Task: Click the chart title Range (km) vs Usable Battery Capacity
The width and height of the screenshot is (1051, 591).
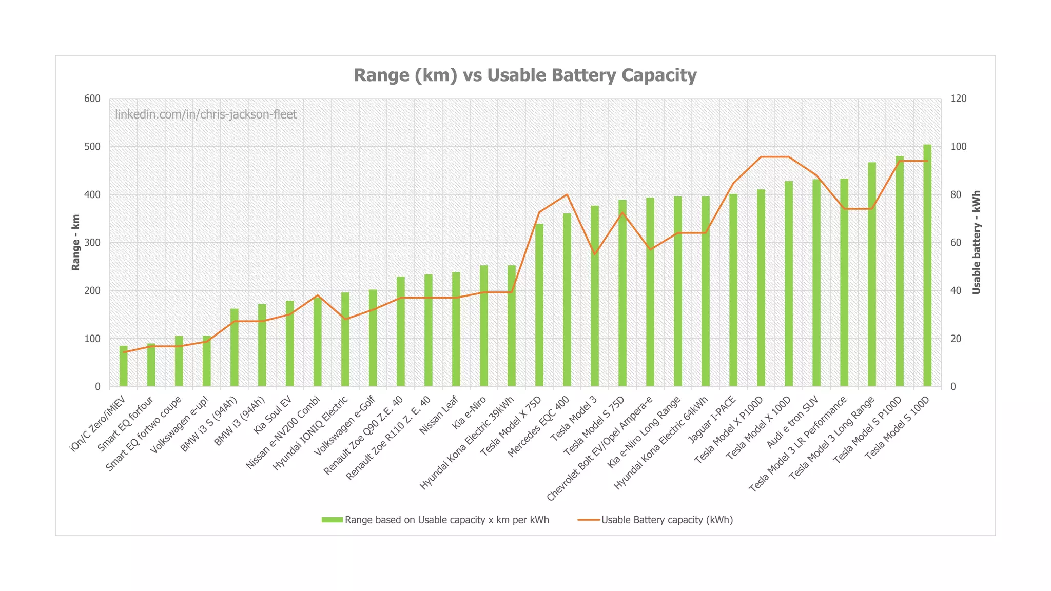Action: click(x=525, y=75)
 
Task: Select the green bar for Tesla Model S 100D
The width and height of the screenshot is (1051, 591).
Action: click(x=927, y=267)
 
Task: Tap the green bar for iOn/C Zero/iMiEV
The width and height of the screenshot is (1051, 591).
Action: click(x=123, y=366)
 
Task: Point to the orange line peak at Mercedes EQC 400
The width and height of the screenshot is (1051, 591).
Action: click(x=567, y=194)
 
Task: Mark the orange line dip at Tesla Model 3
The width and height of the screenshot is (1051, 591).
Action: click(x=594, y=254)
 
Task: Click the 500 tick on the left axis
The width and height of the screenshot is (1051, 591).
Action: click(x=92, y=147)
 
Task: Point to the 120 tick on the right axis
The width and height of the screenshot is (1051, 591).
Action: click(x=958, y=98)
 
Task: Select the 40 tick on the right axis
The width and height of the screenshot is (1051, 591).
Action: click(x=956, y=291)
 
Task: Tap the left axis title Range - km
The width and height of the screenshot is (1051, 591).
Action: click(x=76, y=242)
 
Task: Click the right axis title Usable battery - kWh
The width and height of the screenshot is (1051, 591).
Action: click(x=976, y=242)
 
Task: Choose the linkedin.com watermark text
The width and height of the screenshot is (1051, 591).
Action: click(x=205, y=114)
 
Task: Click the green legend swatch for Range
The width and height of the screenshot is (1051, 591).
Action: click(x=332, y=520)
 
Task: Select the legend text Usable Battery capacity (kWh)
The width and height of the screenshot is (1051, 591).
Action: click(x=667, y=520)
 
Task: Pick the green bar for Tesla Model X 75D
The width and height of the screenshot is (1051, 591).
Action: click(x=539, y=305)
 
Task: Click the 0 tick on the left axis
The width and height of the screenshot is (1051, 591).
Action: click(x=97, y=386)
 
